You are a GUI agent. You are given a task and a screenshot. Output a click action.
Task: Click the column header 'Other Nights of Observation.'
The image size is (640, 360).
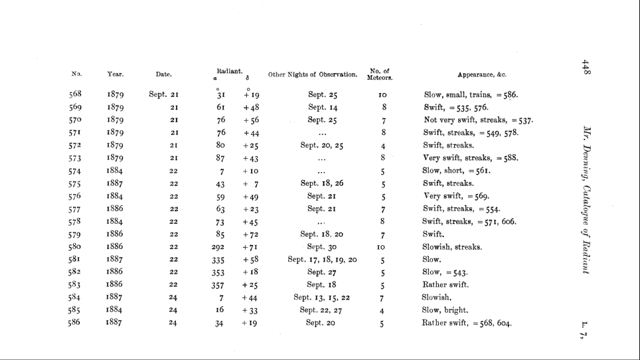pyautogui.click(x=313, y=74)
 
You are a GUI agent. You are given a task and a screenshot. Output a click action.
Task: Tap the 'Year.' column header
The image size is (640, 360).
pyautogui.click(x=116, y=74)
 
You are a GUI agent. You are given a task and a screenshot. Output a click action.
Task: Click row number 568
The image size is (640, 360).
pyautogui.click(x=76, y=94)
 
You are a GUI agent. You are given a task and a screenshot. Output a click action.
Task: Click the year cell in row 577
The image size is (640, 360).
pyautogui.click(x=116, y=209)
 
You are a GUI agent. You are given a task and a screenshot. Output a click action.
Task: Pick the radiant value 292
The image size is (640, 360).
pyautogui.click(x=217, y=247)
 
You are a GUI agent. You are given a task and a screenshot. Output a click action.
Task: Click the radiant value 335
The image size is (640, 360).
pyautogui.click(x=217, y=260)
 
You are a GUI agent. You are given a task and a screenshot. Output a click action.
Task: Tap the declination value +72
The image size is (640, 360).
pyautogui.click(x=250, y=234)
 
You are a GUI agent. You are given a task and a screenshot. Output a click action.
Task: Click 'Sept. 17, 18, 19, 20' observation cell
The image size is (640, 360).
pyautogui.click(x=323, y=260)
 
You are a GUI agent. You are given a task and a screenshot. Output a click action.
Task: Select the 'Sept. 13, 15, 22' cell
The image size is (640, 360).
pyautogui.click(x=322, y=298)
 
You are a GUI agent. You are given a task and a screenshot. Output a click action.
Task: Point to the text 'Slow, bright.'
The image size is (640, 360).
pyautogui.click(x=445, y=310)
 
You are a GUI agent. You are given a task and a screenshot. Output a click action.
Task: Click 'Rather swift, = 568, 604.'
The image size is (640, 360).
pyautogui.click(x=467, y=323)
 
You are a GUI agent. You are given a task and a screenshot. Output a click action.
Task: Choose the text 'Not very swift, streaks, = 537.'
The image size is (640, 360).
pyautogui.click(x=479, y=120)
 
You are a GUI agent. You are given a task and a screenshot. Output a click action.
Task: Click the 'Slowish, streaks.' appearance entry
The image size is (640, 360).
pyautogui.click(x=453, y=247)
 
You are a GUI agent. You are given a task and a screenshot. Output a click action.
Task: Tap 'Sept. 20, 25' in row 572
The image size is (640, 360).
pyautogui.click(x=322, y=145)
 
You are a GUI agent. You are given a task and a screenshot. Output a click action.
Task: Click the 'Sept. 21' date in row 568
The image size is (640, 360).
pyautogui.click(x=163, y=94)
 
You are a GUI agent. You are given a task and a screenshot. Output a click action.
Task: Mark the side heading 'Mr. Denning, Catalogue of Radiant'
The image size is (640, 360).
pyautogui.click(x=586, y=199)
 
